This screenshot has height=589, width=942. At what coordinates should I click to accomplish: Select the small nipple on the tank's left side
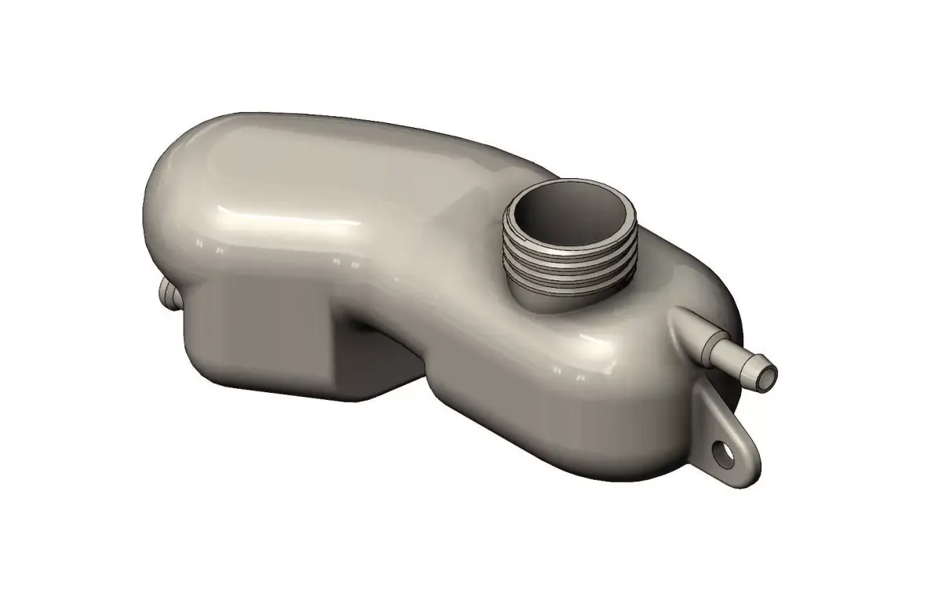click(167, 296)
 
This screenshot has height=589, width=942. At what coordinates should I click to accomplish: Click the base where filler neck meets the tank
click(549, 302)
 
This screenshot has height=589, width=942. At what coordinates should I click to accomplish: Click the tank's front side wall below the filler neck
click(549, 392)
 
